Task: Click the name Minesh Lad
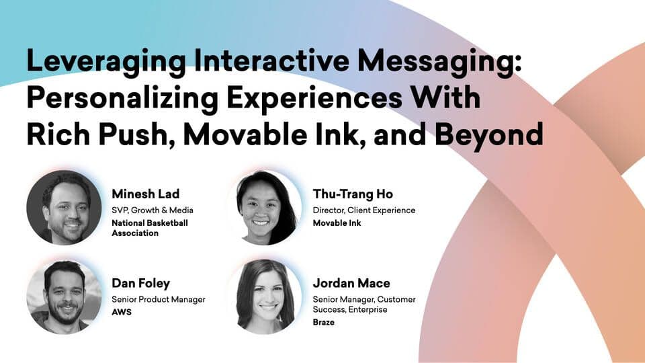146,194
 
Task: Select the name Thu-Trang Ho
353,194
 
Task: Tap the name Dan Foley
140,284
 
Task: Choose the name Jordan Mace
351,283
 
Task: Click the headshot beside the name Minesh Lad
64,208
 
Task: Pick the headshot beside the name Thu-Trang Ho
265,208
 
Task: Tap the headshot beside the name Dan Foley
64,296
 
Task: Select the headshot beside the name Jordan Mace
265,296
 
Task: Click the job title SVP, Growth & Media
153,210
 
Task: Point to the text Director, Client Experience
364,210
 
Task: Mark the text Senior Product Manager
159,300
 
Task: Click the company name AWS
122,313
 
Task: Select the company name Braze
323,322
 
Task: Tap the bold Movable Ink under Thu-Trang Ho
337,223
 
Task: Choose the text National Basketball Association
150,228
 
